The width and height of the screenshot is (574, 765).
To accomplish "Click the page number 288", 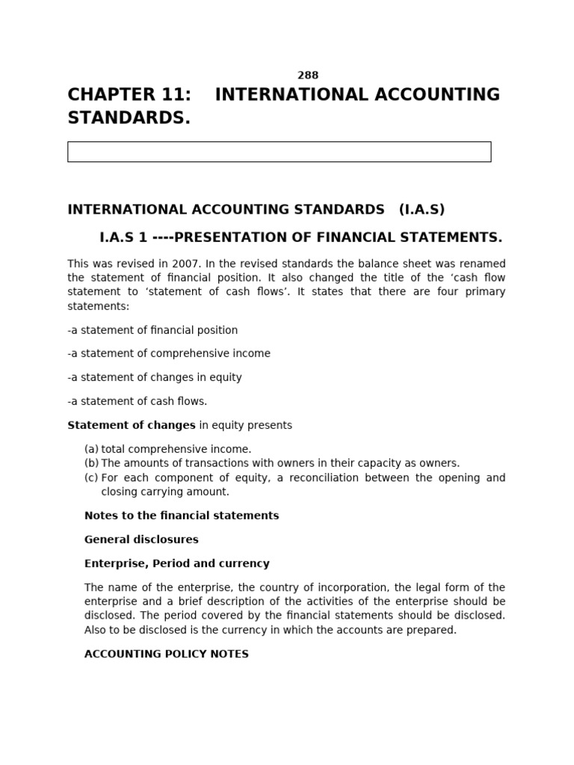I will (x=308, y=75).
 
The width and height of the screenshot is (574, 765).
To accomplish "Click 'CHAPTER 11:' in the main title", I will (x=129, y=95).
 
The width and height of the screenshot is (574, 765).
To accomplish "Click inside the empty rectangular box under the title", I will (x=279, y=152).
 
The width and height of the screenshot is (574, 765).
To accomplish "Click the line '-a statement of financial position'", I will (x=152, y=330).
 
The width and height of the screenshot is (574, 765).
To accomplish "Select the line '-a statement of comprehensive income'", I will (x=169, y=353).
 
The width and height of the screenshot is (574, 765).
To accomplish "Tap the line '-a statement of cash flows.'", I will (x=138, y=401).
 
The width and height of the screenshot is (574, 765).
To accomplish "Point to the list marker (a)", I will (x=91, y=449).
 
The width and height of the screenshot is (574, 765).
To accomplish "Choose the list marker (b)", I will (x=91, y=463).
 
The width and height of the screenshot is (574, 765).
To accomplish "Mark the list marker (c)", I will (x=91, y=477).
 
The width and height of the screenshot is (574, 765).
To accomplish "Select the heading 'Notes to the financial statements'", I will (x=182, y=515).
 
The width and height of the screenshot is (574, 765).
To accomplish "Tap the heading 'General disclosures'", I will (x=141, y=539).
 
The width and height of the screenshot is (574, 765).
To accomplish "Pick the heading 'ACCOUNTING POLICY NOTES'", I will (x=167, y=654).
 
